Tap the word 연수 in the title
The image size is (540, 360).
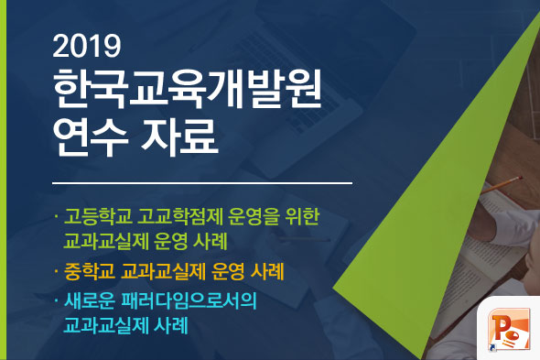[91, 141]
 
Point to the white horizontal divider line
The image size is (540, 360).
[201, 183]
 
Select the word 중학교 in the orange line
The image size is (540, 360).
[90, 272]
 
